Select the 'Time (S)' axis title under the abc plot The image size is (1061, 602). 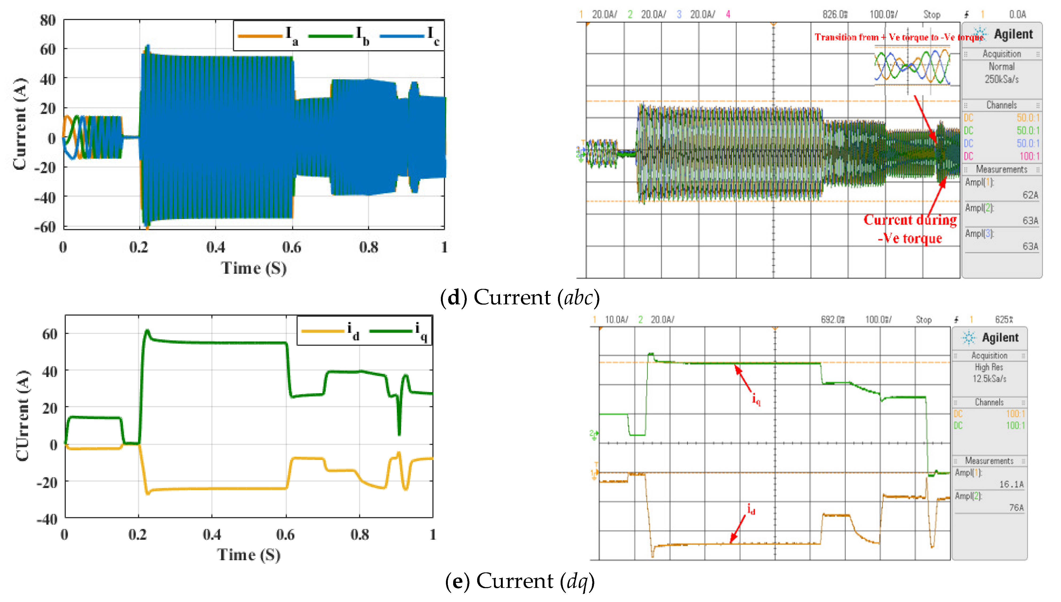pyautogui.click(x=254, y=268)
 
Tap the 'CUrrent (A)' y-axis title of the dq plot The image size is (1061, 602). pyautogui.click(x=22, y=415)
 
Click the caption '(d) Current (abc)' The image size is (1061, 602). pyautogui.click(x=520, y=298)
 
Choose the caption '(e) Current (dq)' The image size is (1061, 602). pyautogui.click(x=520, y=581)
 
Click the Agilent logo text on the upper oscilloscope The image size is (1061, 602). pyautogui.click(x=1013, y=34)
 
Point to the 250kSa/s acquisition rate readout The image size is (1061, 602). pyautogui.click(x=1002, y=79)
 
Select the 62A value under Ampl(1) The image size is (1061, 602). pyautogui.click(x=1030, y=195)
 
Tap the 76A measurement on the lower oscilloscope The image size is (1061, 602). pyautogui.click(x=1016, y=507)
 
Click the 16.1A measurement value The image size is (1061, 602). pyautogui.click(x=1011, y=484)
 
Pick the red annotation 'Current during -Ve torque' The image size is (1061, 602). pyautogui.click(x=910, y=229)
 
